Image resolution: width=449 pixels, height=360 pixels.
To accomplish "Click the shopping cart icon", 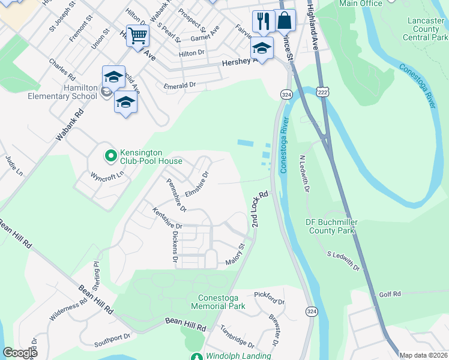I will [x=137, y=35].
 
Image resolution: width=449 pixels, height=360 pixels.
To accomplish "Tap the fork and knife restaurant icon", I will [x=263, y=22].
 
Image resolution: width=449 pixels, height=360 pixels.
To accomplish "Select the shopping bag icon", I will [x=285, y=20].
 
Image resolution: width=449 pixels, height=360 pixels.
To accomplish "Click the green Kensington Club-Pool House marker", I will [x=110, y=156].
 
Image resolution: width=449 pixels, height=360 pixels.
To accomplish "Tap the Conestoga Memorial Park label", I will [x=218, y=302].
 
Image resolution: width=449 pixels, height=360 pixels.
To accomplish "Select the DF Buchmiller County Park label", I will [x=331, y=226].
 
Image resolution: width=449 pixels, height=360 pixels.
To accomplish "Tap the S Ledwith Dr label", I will [x=343, y=260].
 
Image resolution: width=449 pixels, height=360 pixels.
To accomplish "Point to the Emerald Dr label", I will [x=180, y=86].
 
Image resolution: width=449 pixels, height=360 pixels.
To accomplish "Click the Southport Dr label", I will [x=112, y=340].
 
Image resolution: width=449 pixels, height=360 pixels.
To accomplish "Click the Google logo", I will [x=20, y=352].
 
